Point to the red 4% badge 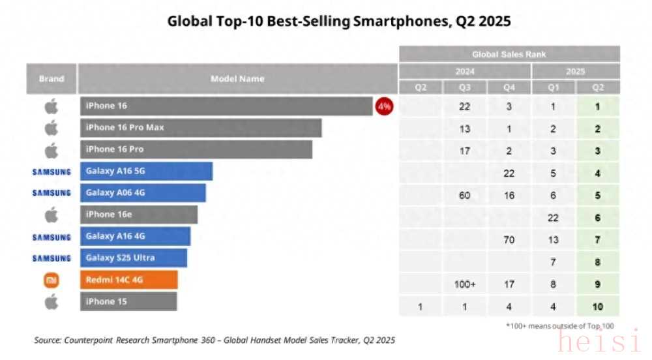tap(384, 106)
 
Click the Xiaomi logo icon tap(52, 280)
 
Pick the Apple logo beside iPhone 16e tap(52, 215)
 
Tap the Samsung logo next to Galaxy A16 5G tap(52, 172)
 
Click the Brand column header tap(52, 79)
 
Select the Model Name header tap(237, 79)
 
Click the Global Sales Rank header tap(509, 54)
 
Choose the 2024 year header tap(465, 71)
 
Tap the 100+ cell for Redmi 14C tap(465, 284)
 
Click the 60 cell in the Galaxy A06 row tap(465, 195)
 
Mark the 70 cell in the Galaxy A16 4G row tap(509, 240)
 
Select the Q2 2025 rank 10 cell tap(597, 307)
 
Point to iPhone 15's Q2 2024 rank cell tap(421, 307)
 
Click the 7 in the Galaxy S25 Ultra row tap(553, 262)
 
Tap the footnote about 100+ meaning tap(559, 326)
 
